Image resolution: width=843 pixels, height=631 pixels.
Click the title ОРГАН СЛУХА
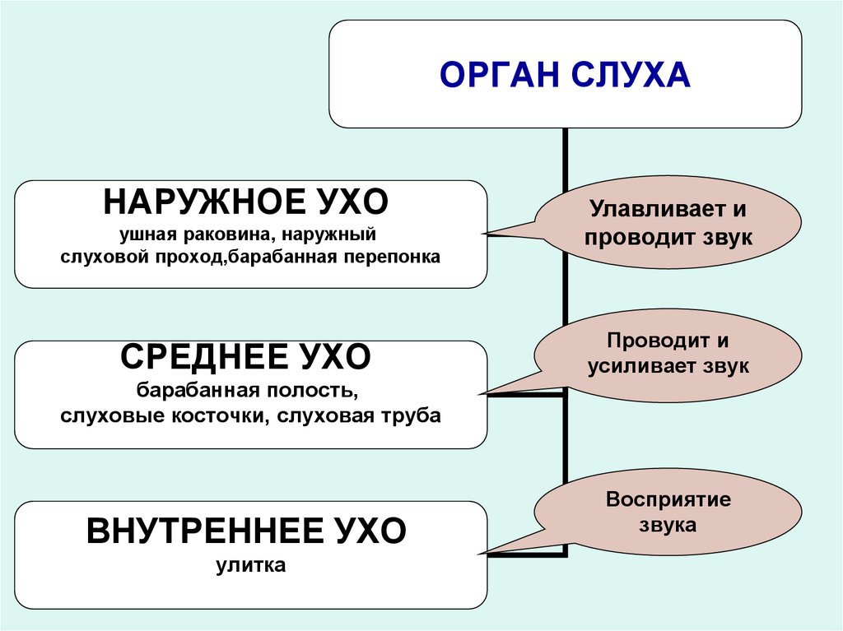tap(564, 75)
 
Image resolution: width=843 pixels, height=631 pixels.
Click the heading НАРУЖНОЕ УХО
tap(246, 202)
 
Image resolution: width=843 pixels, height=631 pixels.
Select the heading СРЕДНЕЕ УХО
tap(246, 357)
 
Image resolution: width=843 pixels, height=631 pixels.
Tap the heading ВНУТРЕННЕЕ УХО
tap(246, 531)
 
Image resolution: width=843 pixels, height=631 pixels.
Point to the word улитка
tap(251, 566)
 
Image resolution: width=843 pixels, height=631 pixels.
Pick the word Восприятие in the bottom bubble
tap(668, 499)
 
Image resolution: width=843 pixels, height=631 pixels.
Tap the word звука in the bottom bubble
tap(668, 525)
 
